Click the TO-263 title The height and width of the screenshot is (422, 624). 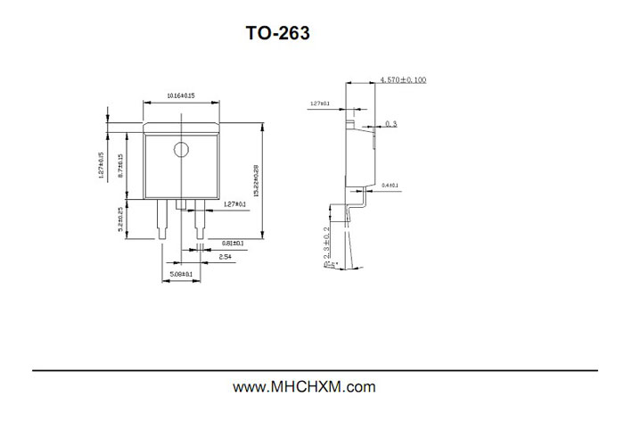278,34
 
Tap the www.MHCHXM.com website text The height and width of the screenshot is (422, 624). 304,387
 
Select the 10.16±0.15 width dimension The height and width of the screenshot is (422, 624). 181,95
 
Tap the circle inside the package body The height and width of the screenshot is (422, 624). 181,150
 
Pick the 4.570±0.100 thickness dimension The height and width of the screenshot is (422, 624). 403,79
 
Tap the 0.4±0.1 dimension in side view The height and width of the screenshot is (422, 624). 390,186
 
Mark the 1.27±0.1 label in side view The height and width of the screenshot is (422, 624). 319,103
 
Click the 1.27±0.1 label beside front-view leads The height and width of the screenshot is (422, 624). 235,203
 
